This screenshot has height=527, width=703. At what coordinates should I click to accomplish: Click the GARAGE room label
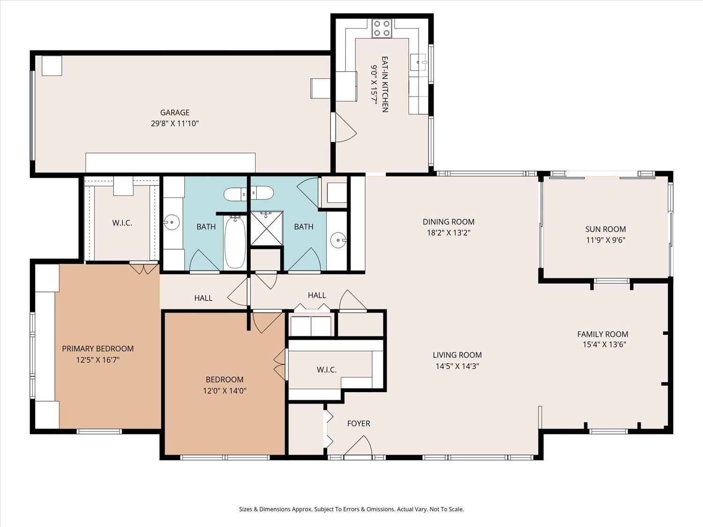pyautogui.click(x=174, y=112)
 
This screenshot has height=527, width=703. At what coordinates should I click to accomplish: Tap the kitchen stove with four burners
pyautogui.click(x=382, y=28)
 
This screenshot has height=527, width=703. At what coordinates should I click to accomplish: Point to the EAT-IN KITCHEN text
pyautogui.click(x=385, y=84)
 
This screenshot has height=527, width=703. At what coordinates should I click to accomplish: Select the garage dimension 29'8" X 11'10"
pyautogui.click(x=174, y=124)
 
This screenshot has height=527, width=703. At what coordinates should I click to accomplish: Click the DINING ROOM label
pyautogui.click(x=449, y=222)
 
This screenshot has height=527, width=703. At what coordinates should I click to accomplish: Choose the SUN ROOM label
pyautogui.click(x=606, y=229)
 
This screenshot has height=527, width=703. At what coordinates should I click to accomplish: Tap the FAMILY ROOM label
pyautogui.click(x=602, y=334)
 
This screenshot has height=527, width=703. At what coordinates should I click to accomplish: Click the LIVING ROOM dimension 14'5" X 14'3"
pyautogui.click(x=457, y=366)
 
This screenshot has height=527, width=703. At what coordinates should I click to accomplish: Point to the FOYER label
pyautogui.click(x=359, y=423)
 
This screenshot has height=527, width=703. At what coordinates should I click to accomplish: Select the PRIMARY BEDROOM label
pyautogui.click(x=97, y=349)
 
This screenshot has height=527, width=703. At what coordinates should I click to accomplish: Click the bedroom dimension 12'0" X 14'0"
pyautogui.click(x=224, y=391)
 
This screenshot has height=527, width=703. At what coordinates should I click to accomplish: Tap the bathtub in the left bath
pyautogui.click(x=235, y=242)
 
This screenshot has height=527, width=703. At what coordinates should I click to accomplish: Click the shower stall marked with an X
pyautogui.click(x=267, y=228)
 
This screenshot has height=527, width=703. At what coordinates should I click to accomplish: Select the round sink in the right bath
pyautogui.click(x=338, y=240)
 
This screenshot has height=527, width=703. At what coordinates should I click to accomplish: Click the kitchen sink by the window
pyautogui.click(x=419, y=62)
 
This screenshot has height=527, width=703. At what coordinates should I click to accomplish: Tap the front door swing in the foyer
pyautogui.click(x=358, y=445)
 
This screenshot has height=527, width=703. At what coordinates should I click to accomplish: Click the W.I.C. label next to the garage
pyautogui.click(x=122, y=223)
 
